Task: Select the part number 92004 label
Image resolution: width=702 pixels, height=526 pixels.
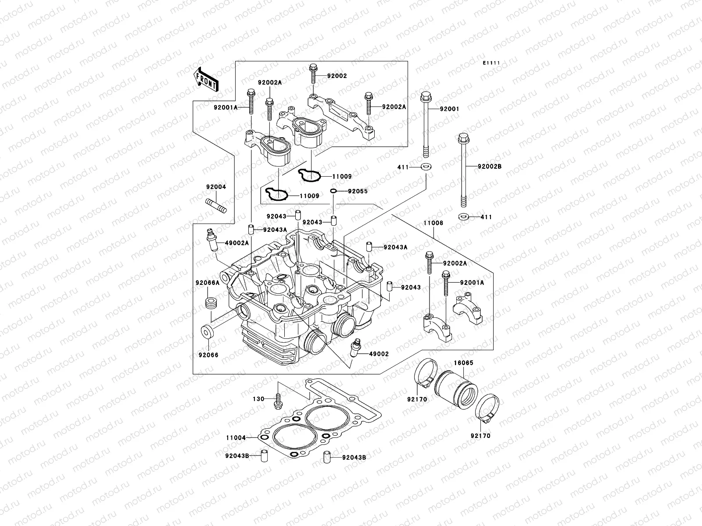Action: pos(216,187)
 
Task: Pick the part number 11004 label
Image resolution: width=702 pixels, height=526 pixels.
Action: pos(236,437)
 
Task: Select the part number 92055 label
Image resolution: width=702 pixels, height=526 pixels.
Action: pos(358,191)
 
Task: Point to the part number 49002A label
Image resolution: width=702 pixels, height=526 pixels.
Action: pos(237,243)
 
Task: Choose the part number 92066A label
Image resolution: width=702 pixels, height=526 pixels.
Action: pos(208,283)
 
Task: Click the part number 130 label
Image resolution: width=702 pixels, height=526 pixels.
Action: pos(259,399)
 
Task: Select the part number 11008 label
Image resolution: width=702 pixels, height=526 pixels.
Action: pos(433,223)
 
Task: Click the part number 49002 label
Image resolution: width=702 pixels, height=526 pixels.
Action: pos(379,353)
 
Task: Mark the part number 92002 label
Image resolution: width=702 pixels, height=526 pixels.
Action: pos(337,76)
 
